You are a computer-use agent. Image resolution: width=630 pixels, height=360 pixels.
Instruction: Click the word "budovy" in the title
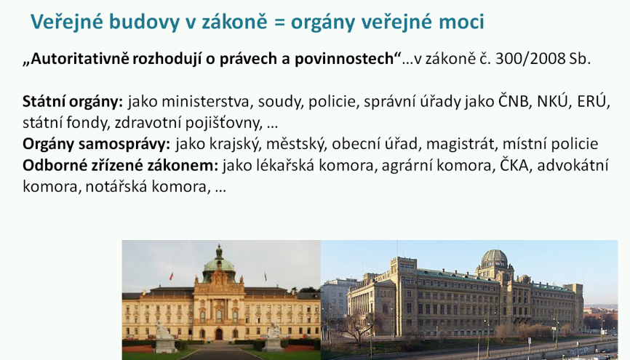click(144, 22)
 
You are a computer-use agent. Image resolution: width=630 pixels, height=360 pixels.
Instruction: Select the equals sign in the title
click(279, 23)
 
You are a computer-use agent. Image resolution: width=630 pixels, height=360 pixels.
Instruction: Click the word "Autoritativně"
click(80, 59)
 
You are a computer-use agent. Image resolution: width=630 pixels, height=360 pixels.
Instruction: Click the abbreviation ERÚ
click(591, 101)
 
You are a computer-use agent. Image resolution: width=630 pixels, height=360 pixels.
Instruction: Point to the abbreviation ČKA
click(514, 165)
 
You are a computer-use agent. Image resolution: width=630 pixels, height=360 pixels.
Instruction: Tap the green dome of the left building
click(219, 263)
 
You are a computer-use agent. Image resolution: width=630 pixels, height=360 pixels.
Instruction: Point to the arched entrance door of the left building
click(218, 334)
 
